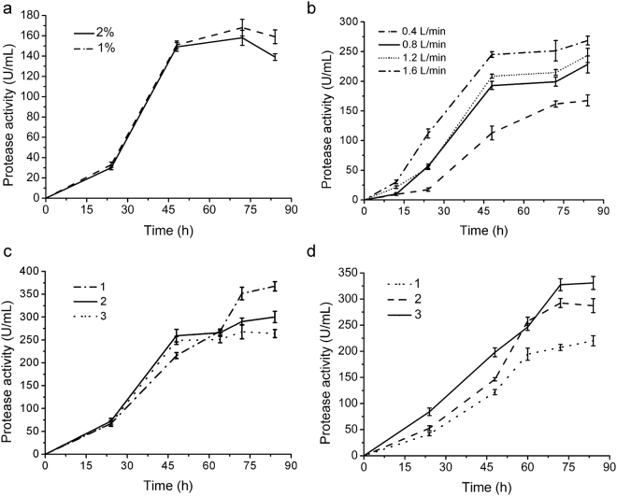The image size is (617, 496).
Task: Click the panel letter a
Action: tap(6, 7)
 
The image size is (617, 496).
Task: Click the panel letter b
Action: tap(323, 7)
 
